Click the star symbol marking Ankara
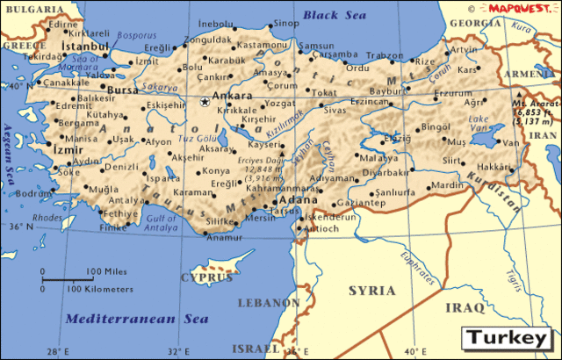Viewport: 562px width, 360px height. point(205,102)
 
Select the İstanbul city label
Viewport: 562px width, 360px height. point(84,44)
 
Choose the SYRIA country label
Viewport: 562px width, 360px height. point(371,290)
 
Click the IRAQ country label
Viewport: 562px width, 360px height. point(465,307)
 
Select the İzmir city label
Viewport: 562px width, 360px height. point(68,150)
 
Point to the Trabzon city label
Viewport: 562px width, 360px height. point(384,55)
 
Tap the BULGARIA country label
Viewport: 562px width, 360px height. point(25,8)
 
